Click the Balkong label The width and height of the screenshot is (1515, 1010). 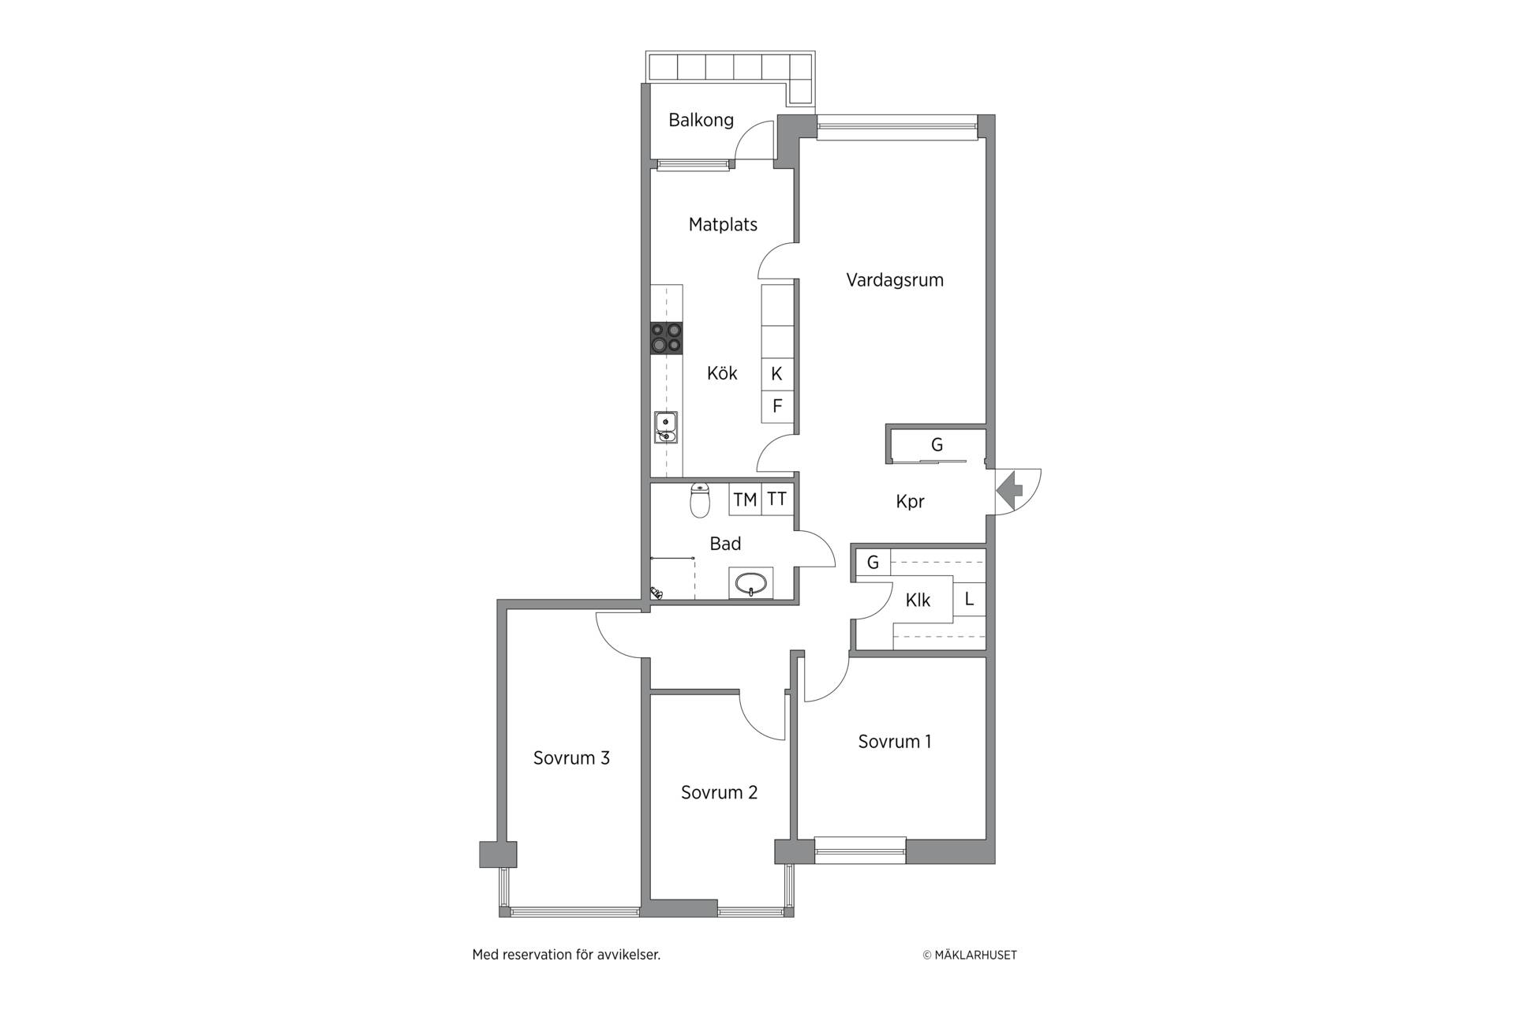pyautogui.click(x=701, y=120)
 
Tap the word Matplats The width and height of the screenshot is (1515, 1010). pyautogui.click(x=723, y=225)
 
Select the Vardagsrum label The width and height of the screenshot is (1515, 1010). pyautogui.click(x=895, y=280)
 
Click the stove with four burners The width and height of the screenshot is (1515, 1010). pyautogui.click(x=667, y=338)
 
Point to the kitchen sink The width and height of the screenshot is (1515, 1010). pyautogui.click(x=667, y=427)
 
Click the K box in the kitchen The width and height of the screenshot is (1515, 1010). pyautogui.click(x=777, y=374)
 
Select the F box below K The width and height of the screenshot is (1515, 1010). pyautogui.click(x=777, y=406)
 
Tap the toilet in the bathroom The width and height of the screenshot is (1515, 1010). pyautogui.click(x=700, y=499)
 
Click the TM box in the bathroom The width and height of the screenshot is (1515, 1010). pyautogui.click(x=745, y=499)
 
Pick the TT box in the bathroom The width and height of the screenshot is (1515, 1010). pyautogui.click(x=777, y=499)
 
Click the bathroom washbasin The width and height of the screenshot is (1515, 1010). pyautogui.click(x=750, y=583)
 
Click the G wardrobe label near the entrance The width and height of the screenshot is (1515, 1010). pyautogui.click(x=937, y=445)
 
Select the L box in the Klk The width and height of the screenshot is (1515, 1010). pyautogui.click(x=969, y=599)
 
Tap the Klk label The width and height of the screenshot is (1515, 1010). pyautogui.click(x=918, y=600)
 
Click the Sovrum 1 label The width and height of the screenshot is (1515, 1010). pyautogui.click(x=895, y=742)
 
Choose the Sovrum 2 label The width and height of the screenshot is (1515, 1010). pyautogui.click(x=719, y=792)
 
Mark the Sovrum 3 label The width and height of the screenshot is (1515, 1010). pyautogui.click(x=571, y=758)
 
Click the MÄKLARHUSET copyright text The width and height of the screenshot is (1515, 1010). pyautogui.click(x=970, y=955)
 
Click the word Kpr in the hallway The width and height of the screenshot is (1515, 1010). pyautogui.click(x=910, y=502)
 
